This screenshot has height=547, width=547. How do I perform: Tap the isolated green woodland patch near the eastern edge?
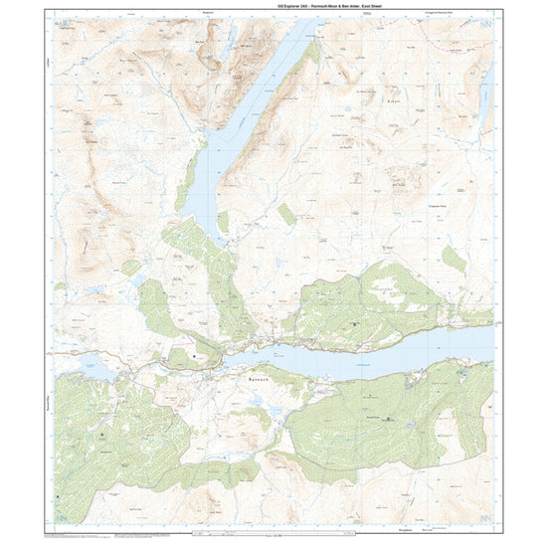454,260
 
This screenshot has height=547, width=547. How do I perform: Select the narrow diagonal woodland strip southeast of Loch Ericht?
286,214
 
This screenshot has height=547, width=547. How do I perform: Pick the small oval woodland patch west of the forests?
131,268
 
